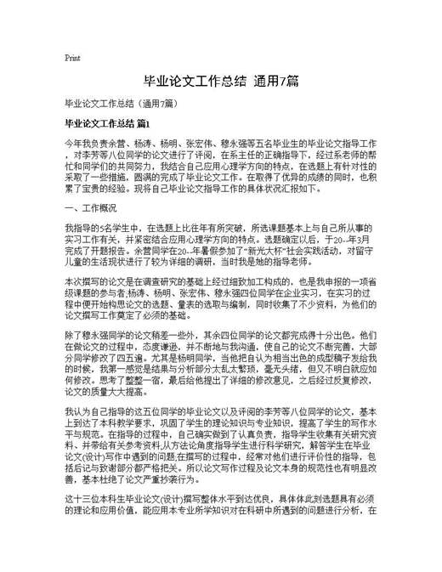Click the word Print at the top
point(72,58)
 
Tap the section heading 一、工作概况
point(90,207)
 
